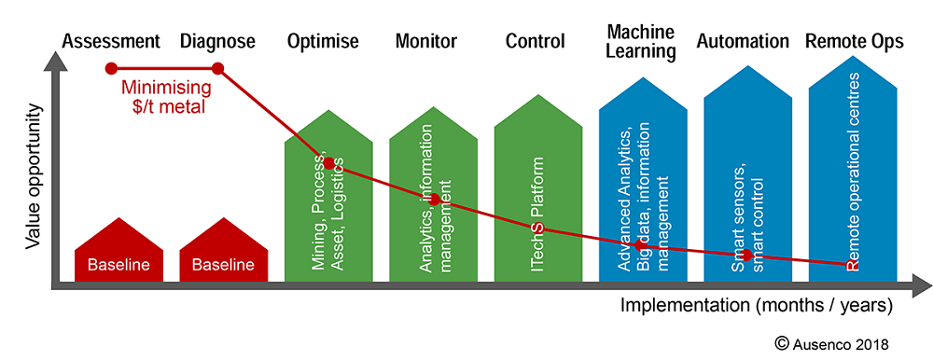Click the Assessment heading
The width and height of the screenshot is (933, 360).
pyautogui.click(x=111, y=41)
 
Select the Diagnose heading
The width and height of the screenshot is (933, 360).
pyautogui.click(x=217, y=41)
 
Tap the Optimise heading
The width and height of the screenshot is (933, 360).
pyautogui.click(x=327, y=41)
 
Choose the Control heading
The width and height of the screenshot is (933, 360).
pyautogui.click(x=536, y=41)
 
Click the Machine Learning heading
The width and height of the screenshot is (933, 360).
pyautogui.click(x=641, y=42)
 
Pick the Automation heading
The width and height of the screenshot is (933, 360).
pyautogui.click(x=743, y=41)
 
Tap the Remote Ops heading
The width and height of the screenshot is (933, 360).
pyautogui.click(x=851, y=41)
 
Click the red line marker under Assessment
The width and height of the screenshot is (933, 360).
pyautogui.click(x=111, y=68)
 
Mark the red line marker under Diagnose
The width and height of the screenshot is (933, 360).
pyautogui.click(x=217, y=68)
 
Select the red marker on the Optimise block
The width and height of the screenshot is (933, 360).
pyautogui.click(x=328, y=162)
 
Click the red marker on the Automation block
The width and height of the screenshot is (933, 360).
pyautogui.click(x=745, y=255)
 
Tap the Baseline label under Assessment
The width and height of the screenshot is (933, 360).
pyautogui.click(x=118, y=265)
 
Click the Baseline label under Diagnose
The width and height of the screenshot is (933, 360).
pyautogui.click(x=223, y=265)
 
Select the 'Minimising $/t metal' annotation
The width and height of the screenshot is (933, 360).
pyautogui.click(x=165, y=98)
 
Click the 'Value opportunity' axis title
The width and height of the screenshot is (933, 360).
pyautogui.click(x=34, y=176)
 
